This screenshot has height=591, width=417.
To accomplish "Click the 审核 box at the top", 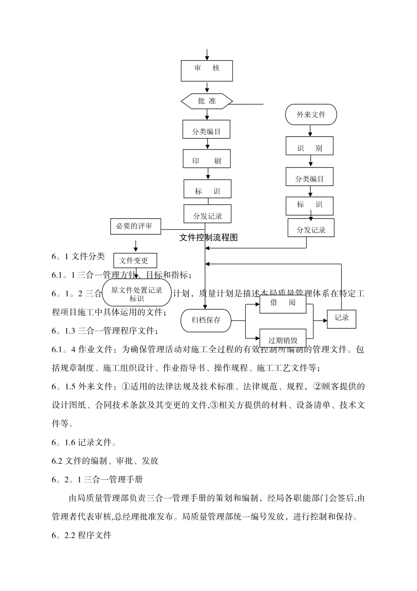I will click(x=207, y=70).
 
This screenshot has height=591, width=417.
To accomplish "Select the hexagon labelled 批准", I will click(x=207, y=101).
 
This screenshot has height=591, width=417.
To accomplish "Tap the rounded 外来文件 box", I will click(x=311, y=115).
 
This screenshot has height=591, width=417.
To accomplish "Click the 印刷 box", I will click(x=207, y=159).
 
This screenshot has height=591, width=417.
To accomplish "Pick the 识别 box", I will click(x=309, y=146).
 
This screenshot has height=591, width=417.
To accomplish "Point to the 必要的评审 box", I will click(x=136, y=226).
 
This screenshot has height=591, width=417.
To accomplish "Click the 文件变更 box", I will click(x=135, y=260).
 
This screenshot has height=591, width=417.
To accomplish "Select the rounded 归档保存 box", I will click(x=206, y=320).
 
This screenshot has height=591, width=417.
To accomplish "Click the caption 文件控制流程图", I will click(x=208, y=237).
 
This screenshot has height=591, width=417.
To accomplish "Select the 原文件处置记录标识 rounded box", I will click(x=137, y=293).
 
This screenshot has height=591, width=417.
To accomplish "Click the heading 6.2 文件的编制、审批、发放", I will click(x=105, y=461).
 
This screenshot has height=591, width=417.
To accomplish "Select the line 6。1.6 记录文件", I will click(x=84, y=442).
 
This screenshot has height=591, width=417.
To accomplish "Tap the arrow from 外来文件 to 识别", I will click(x=311, y=131).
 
